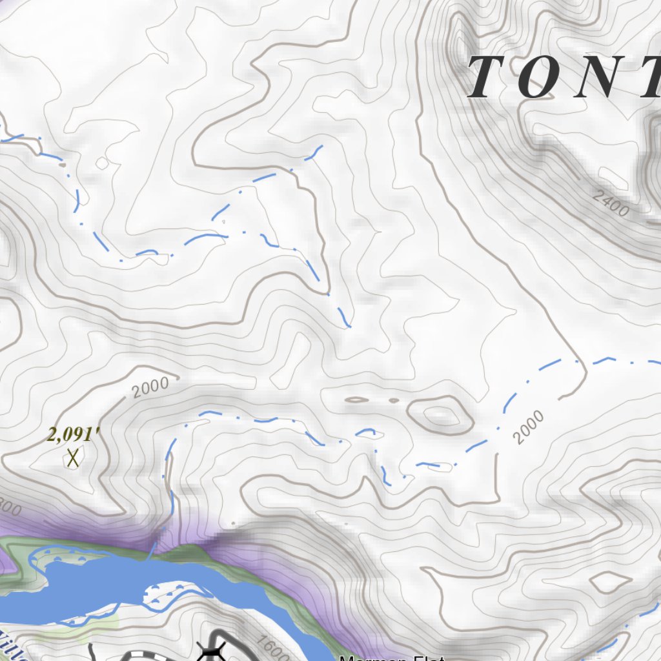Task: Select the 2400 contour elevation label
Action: (612, 207)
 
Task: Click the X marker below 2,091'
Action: (72, 458)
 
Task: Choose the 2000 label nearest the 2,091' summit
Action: (150, 387)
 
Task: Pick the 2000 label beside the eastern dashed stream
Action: (529, 427)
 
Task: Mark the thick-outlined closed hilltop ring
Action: (439, 414)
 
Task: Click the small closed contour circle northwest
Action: (102, 163)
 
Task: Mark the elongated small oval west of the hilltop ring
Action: (357, 400)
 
